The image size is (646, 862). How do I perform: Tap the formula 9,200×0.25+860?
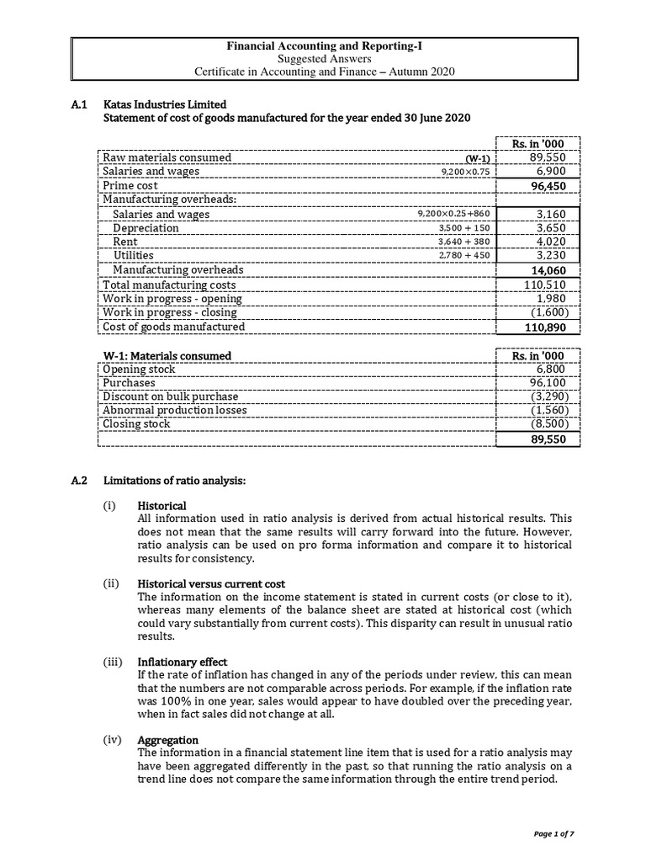[x=453, y=214]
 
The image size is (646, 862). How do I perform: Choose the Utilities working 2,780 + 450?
[x=464, y=255]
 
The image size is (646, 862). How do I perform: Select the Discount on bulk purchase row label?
[x=170, y=396]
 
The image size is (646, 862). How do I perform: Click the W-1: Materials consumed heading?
[x=167, y=355]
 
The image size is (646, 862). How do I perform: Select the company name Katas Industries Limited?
[x=164, y=104]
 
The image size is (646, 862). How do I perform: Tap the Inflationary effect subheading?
[x=182, y=662]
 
